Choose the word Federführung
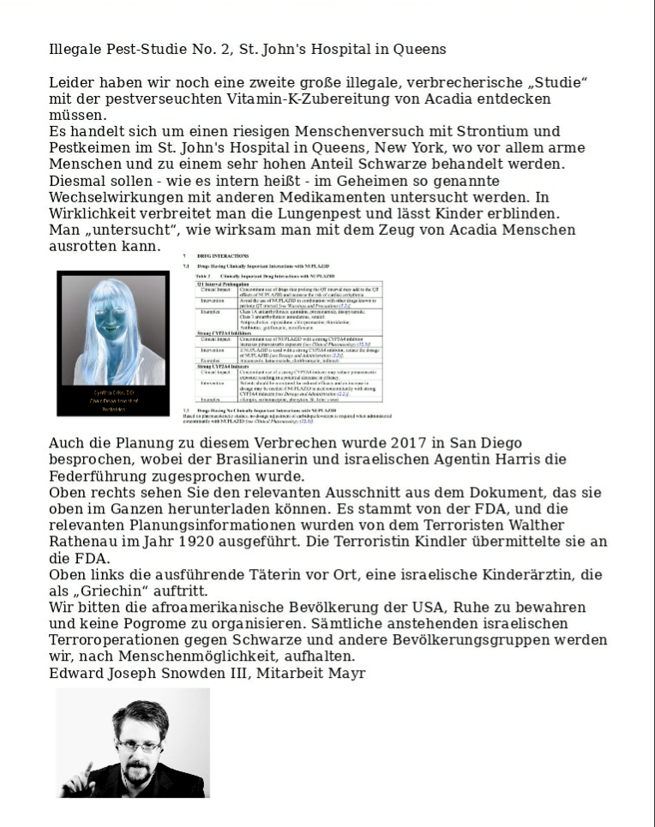pyautogui.click(x=99, y=476)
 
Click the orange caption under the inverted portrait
pyautogui.click(x=112, y=401)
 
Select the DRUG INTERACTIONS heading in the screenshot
pyautogui.click(x=223, y=256)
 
